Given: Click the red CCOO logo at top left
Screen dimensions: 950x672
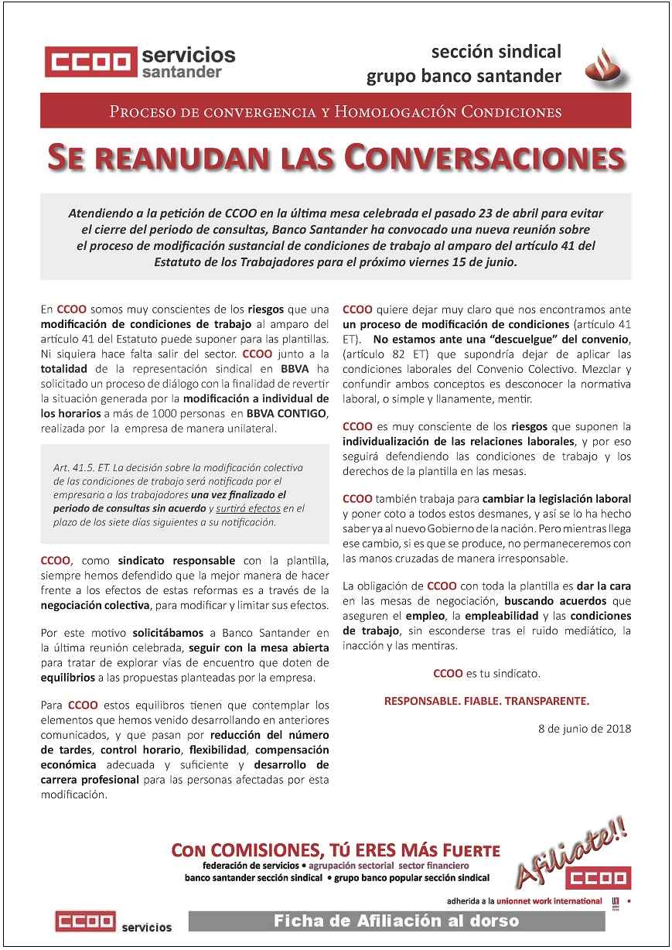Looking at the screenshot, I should [x=90, y=62].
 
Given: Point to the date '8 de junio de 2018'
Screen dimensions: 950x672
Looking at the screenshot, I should [x=585, y=729].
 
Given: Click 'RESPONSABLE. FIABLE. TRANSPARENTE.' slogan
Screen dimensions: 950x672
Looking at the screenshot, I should [x=486, y=702].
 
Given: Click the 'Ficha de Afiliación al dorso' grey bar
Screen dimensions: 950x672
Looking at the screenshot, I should [x=397, y=921].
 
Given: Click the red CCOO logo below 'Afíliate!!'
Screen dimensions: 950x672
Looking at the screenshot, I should [x=598, y=878].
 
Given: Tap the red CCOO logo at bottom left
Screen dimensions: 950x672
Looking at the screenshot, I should [x=84, y=922].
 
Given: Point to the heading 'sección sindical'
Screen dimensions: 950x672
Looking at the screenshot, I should [x=496, y=53].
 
